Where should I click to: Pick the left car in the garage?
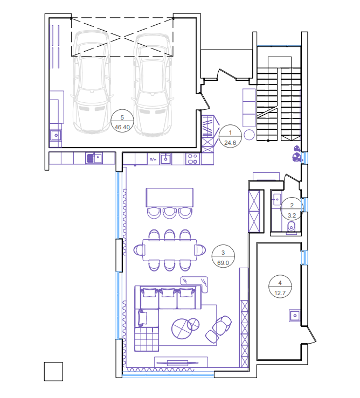point(92,82)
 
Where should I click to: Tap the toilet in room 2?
point(291,227)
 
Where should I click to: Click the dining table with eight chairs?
point(170,250)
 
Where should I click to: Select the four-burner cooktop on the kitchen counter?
point(192,159)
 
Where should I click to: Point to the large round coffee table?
point(182,329)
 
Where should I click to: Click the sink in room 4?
point(295,316)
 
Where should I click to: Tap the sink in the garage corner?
point(56,136)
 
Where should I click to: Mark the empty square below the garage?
point(53,372)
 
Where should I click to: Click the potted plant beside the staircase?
point(297,155)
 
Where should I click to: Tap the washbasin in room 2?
point(276,199)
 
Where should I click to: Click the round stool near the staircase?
point(249,135)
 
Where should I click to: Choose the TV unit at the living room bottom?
point(181,362)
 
